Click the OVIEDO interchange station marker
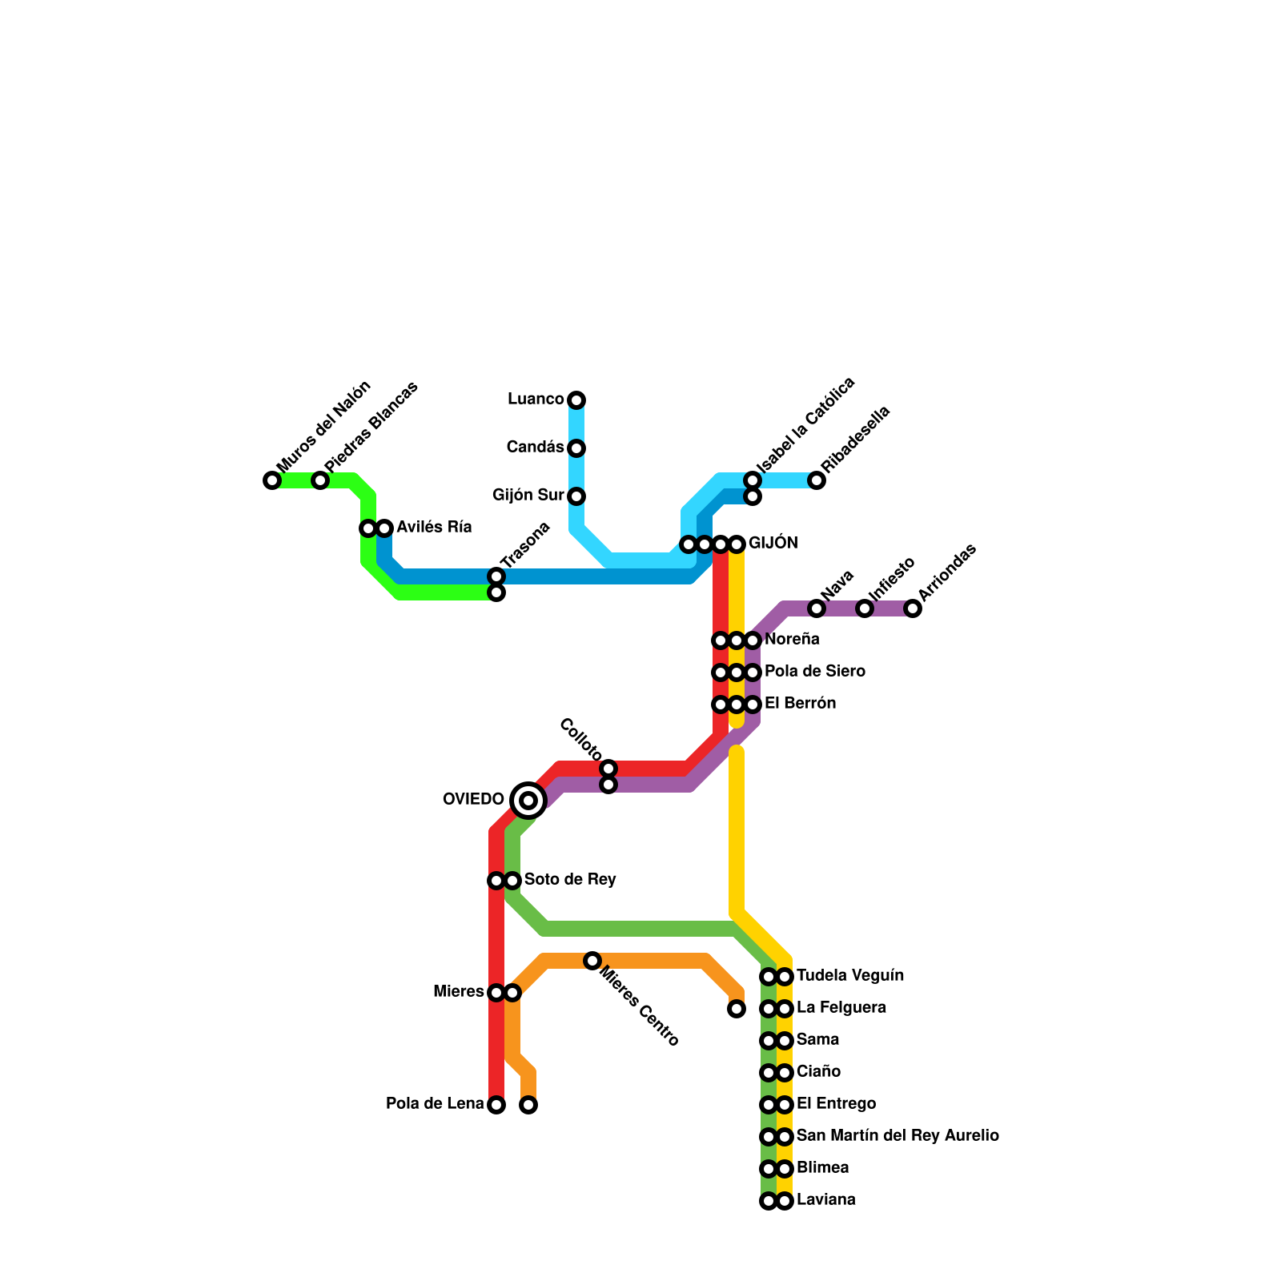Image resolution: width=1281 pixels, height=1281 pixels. (528, 800)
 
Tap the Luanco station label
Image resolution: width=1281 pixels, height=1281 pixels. (536, 400)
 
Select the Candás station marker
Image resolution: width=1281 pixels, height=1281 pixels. (576, 448)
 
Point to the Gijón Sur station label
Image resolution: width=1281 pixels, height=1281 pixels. (528, 496)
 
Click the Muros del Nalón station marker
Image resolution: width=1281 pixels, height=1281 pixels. (272, 480)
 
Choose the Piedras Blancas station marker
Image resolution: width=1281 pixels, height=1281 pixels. (320, 480)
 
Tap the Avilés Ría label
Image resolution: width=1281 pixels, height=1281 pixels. (434, 528)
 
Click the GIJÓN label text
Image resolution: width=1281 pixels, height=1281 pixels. (773, 544)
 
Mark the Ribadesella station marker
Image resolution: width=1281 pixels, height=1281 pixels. (817, 480)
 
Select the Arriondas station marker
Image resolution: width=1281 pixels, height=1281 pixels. (913, 608)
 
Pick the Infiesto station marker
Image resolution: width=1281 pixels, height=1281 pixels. (865, 608)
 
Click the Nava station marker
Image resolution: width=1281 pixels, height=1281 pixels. (817, 608)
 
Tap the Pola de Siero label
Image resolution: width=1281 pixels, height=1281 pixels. (814, 672)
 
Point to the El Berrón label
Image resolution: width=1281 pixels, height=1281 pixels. (800, 704)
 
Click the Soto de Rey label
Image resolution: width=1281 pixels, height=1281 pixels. (570, 880)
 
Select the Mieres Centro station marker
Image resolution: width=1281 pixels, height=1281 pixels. (592, 961)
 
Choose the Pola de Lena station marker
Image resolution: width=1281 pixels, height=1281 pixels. (496, 1105)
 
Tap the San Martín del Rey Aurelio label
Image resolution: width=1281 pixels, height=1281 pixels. (898, 1136)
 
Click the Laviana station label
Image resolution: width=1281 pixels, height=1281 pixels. (825, 1200)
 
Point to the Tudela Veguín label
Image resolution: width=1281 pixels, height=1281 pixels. (850, 976)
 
